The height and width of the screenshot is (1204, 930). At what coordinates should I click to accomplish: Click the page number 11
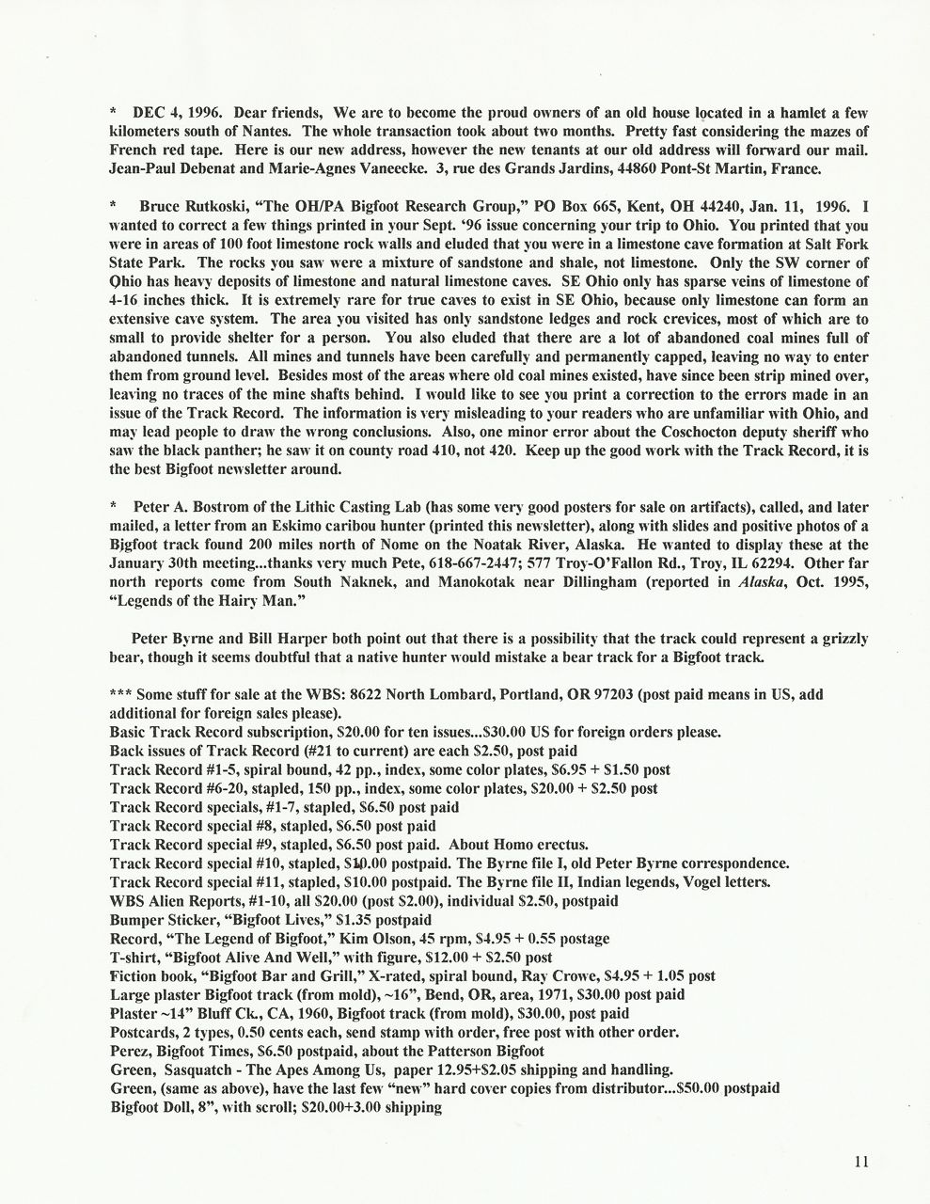pyautogui.click(x=861, y=1161)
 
